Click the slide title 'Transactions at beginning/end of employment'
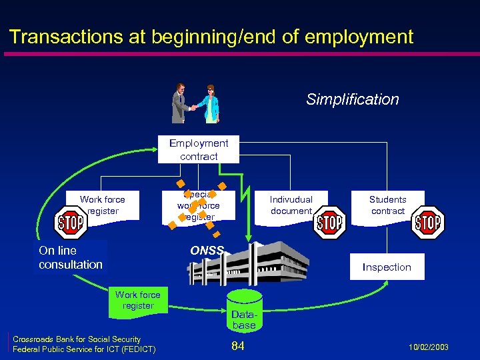211,37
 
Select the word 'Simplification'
352,100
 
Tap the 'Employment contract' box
198,149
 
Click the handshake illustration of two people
197,103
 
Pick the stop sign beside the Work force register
69,224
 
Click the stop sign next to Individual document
329,223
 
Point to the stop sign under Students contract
427,222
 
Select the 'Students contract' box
387,205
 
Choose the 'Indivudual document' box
291,205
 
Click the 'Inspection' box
387,267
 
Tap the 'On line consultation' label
71,257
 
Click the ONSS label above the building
207,251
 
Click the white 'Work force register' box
103,205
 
